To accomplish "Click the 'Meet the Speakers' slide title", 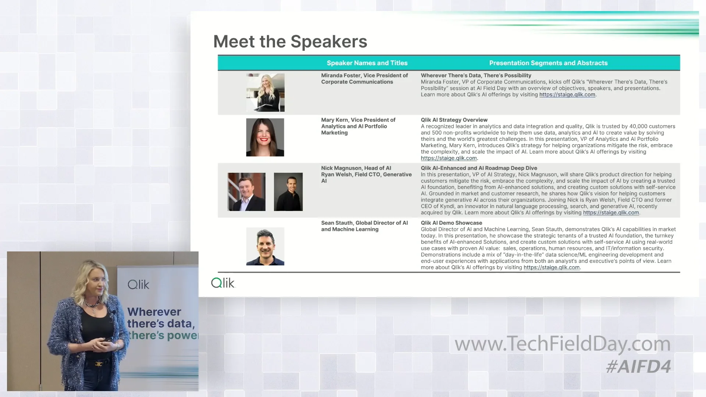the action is point(290,42).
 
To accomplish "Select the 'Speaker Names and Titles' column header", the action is point(367,63).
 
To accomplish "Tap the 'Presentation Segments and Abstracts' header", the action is point(548,63).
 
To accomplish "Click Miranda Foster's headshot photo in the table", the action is point(265,93).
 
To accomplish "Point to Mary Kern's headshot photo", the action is point(265,137).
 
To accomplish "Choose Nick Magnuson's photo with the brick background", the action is point(246,192).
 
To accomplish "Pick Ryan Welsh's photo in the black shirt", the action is point(288,192).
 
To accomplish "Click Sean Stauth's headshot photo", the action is point(265,246).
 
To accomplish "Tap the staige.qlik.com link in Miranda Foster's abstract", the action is point(567,95).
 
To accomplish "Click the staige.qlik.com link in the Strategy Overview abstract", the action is point(449,158).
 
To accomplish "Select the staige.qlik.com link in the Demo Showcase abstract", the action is point(551,268).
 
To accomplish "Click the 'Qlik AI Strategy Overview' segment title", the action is point(454,120).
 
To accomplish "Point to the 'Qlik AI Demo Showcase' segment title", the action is point(451,223).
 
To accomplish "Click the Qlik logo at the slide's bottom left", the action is point(223,283).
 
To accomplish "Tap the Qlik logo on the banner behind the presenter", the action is point(138,285).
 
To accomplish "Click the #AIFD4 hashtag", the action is point(638,366).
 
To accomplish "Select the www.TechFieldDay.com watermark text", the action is point(563,344).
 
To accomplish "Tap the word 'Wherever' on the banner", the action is point(154,312).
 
